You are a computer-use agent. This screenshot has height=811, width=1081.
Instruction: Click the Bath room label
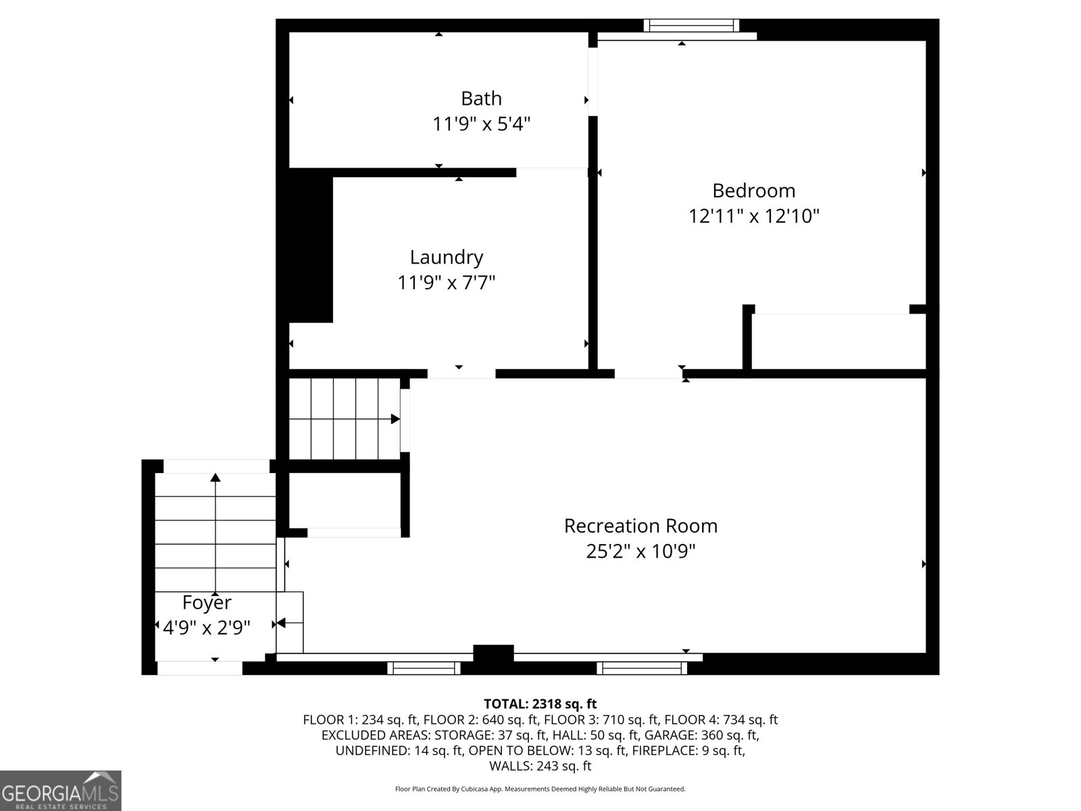[481, 99]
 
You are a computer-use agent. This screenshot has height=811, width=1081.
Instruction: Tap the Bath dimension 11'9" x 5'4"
[481, 124]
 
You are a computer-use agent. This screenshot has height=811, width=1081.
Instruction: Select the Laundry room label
[447, 257]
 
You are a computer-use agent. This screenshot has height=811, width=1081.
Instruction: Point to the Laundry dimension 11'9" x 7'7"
[447, 282]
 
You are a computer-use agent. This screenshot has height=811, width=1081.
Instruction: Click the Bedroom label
[753, 191]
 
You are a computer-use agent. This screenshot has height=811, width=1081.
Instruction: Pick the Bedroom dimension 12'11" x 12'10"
[753, 216]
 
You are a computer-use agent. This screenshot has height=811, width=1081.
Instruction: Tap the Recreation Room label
[640, 526]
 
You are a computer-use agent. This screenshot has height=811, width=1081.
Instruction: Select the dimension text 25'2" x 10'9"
[640, 551]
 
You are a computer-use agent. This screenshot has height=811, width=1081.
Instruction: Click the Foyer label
[207, 602]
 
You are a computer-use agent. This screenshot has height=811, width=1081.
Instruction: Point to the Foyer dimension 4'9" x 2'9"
[207, 628]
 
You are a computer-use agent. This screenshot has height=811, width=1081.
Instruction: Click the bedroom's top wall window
[690, 26]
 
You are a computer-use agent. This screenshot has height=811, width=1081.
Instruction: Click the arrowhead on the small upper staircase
[395, 419]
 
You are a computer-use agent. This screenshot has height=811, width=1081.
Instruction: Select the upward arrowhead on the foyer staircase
[216, 477]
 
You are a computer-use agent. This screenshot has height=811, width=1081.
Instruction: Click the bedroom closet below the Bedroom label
[838, 341]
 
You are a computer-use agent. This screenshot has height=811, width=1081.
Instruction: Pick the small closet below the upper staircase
[345, 500]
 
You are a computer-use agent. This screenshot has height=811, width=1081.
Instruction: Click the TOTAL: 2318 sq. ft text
[540, 704]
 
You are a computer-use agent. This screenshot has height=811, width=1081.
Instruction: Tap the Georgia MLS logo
[61, 790]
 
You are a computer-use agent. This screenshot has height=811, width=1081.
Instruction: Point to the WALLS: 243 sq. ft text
[540, 766]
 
